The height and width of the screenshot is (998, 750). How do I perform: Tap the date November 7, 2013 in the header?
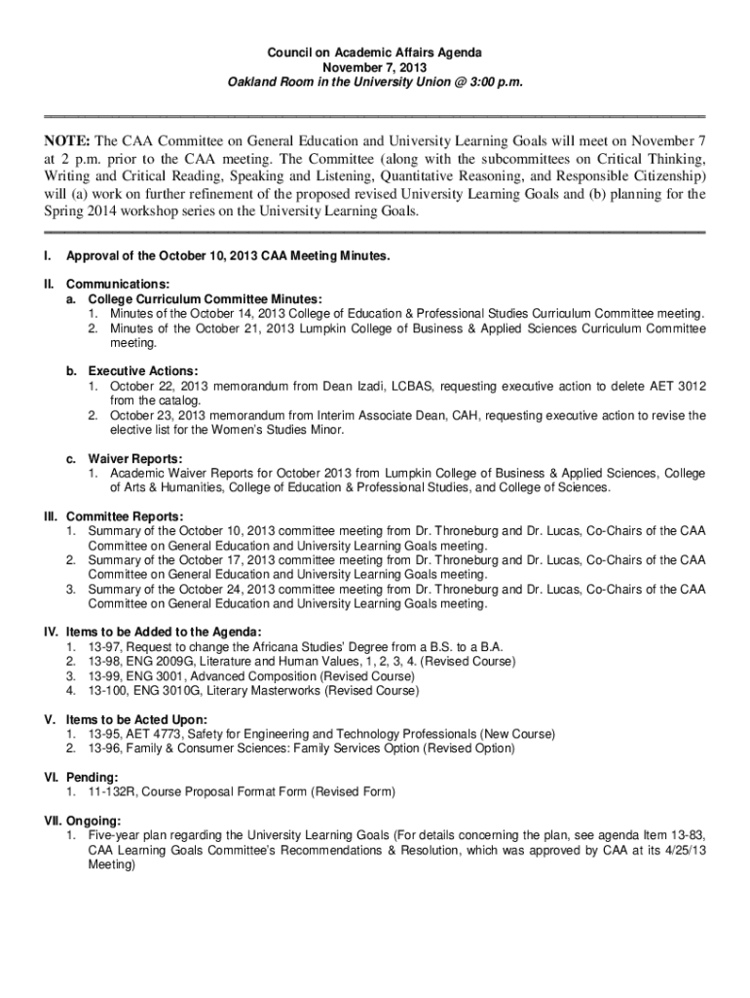click(375, 68)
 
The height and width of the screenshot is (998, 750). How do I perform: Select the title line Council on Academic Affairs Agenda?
click(375, 53)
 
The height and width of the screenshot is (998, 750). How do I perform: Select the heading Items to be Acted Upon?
click(137, 719)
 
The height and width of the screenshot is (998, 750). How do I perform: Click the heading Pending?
click(93, 778)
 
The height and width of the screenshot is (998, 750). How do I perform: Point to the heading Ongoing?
click(94, 821)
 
